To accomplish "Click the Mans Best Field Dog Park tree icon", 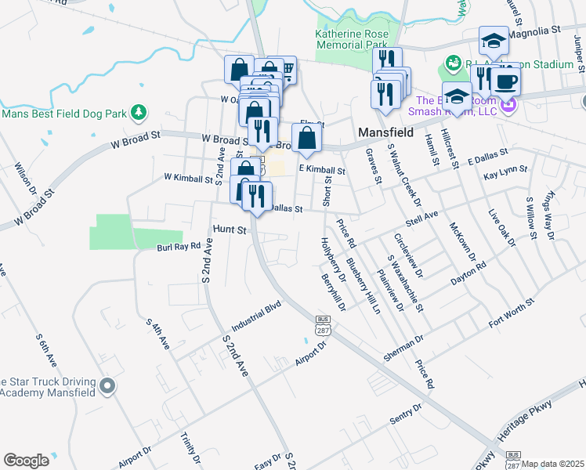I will point(139,113).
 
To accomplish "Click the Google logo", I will point(27,461).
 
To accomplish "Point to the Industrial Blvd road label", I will point(255,315).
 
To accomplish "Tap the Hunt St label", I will point(230,230).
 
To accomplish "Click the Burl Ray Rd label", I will point(179,245).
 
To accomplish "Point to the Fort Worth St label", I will point(510,313).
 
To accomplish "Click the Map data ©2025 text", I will point(553,464).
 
